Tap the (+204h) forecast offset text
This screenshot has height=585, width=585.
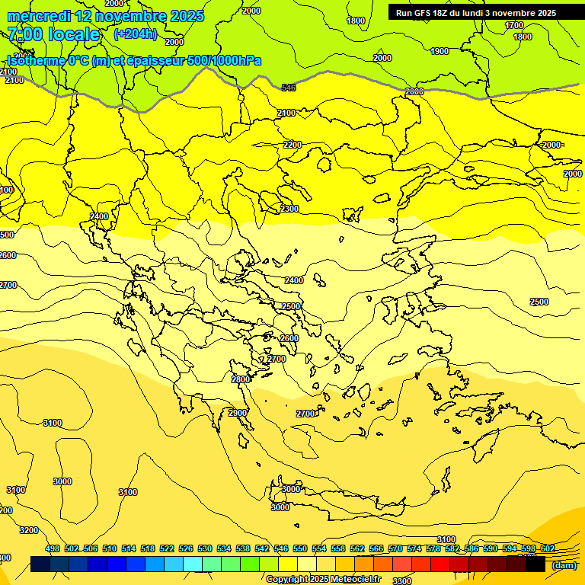click(x=135, y=34)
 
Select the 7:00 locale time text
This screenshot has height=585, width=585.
click(x=53, y=34)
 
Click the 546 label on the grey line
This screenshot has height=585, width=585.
click(x=289, y=88)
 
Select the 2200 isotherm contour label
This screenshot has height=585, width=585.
click(x=292, y=145)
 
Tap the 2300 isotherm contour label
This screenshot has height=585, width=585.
click(x=289, y=209)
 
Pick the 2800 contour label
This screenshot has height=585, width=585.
click(x=241, y=379)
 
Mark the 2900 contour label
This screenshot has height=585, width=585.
click(x=238, y=413)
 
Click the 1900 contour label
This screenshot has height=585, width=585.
click(x=440, y=51)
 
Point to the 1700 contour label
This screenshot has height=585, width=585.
click(x=514, y=25)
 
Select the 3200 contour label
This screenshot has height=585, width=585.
click(x=29, y=530)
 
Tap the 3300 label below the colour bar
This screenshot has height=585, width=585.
click(x=402, y=580)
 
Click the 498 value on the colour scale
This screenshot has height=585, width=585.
click(x=53, y=548)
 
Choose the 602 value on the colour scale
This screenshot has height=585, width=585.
click(x=548, y=548)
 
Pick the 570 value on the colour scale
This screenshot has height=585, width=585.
click(x=395, y=548)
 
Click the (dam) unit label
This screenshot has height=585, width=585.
click(x=564, y=565)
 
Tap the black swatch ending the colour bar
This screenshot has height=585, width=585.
click(x=535, y=564)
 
